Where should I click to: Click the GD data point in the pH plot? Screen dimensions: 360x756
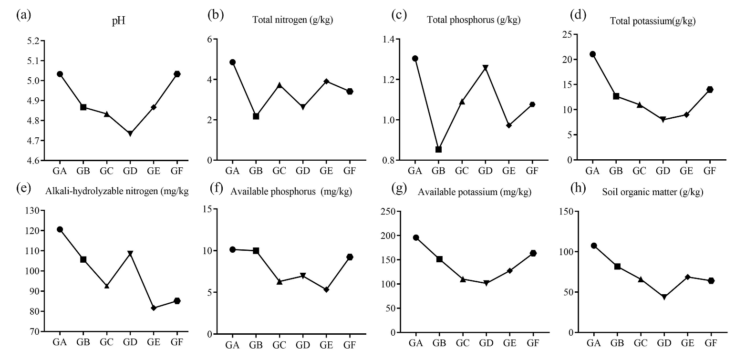pyautogui.click(x=130, y=134)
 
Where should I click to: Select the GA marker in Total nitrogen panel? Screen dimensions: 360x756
pyautogui.click(x=232, y=62)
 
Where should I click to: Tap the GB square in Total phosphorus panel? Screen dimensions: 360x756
pyautogui.click(x=438, y=149)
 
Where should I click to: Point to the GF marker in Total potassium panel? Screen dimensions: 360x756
pyautogui.click(x=710, y=90)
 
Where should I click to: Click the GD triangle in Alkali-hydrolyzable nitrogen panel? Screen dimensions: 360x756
pyautogui.click(x=130, y=253)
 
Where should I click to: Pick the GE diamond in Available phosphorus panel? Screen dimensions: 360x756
pyautogui.click(x=326, y=289)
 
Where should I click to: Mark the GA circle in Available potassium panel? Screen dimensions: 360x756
pyautogui.click(x=416, y=237)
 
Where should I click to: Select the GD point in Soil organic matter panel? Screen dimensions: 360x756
pyautogui.click(x=663, y=297)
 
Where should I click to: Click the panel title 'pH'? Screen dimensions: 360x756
pyautogui.click(x=118, y=22)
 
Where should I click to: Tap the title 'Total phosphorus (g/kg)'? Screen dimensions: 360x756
pyautogui.click(x=473, y=20)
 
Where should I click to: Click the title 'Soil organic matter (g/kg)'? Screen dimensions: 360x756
pyautogui.click(x=652, y=192)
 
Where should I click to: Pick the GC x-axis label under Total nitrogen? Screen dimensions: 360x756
pyautogui.click(x=279, y=171)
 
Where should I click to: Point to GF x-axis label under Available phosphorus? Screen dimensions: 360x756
pyautogui.click(x=350, y=345)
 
